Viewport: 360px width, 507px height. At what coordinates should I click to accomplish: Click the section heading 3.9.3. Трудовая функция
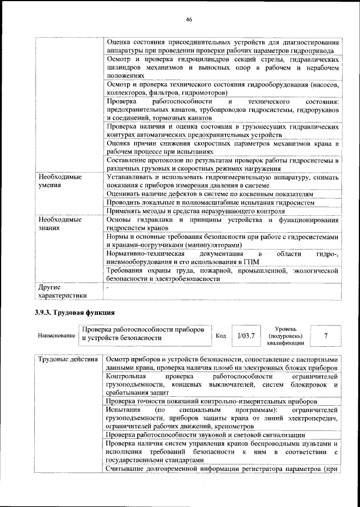(x=74, y=312)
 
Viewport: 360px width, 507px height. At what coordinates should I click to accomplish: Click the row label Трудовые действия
(x=67, y=359)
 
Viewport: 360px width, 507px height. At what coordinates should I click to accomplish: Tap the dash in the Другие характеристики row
(x=107, y=287)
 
